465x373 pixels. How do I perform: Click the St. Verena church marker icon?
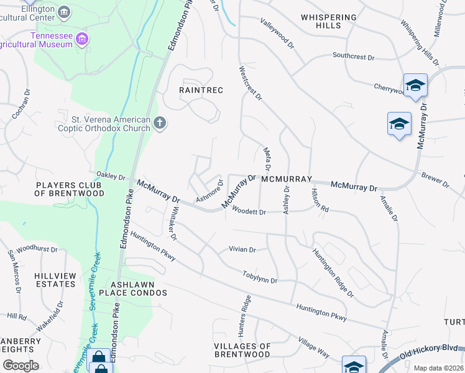pos(160,123)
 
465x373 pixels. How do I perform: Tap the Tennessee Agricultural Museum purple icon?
pos(81,40)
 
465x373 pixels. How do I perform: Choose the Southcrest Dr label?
pos(353,57)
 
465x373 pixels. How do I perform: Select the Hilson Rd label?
pos(320,200)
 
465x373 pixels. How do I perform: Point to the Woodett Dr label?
pos(249,212)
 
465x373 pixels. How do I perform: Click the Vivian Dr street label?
pos(242,250)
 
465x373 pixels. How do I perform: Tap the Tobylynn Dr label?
pos(260,277)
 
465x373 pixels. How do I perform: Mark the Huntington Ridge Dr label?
pos(333,273)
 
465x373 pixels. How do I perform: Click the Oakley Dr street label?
pos(111,177)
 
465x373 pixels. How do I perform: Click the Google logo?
pos(21,366)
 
